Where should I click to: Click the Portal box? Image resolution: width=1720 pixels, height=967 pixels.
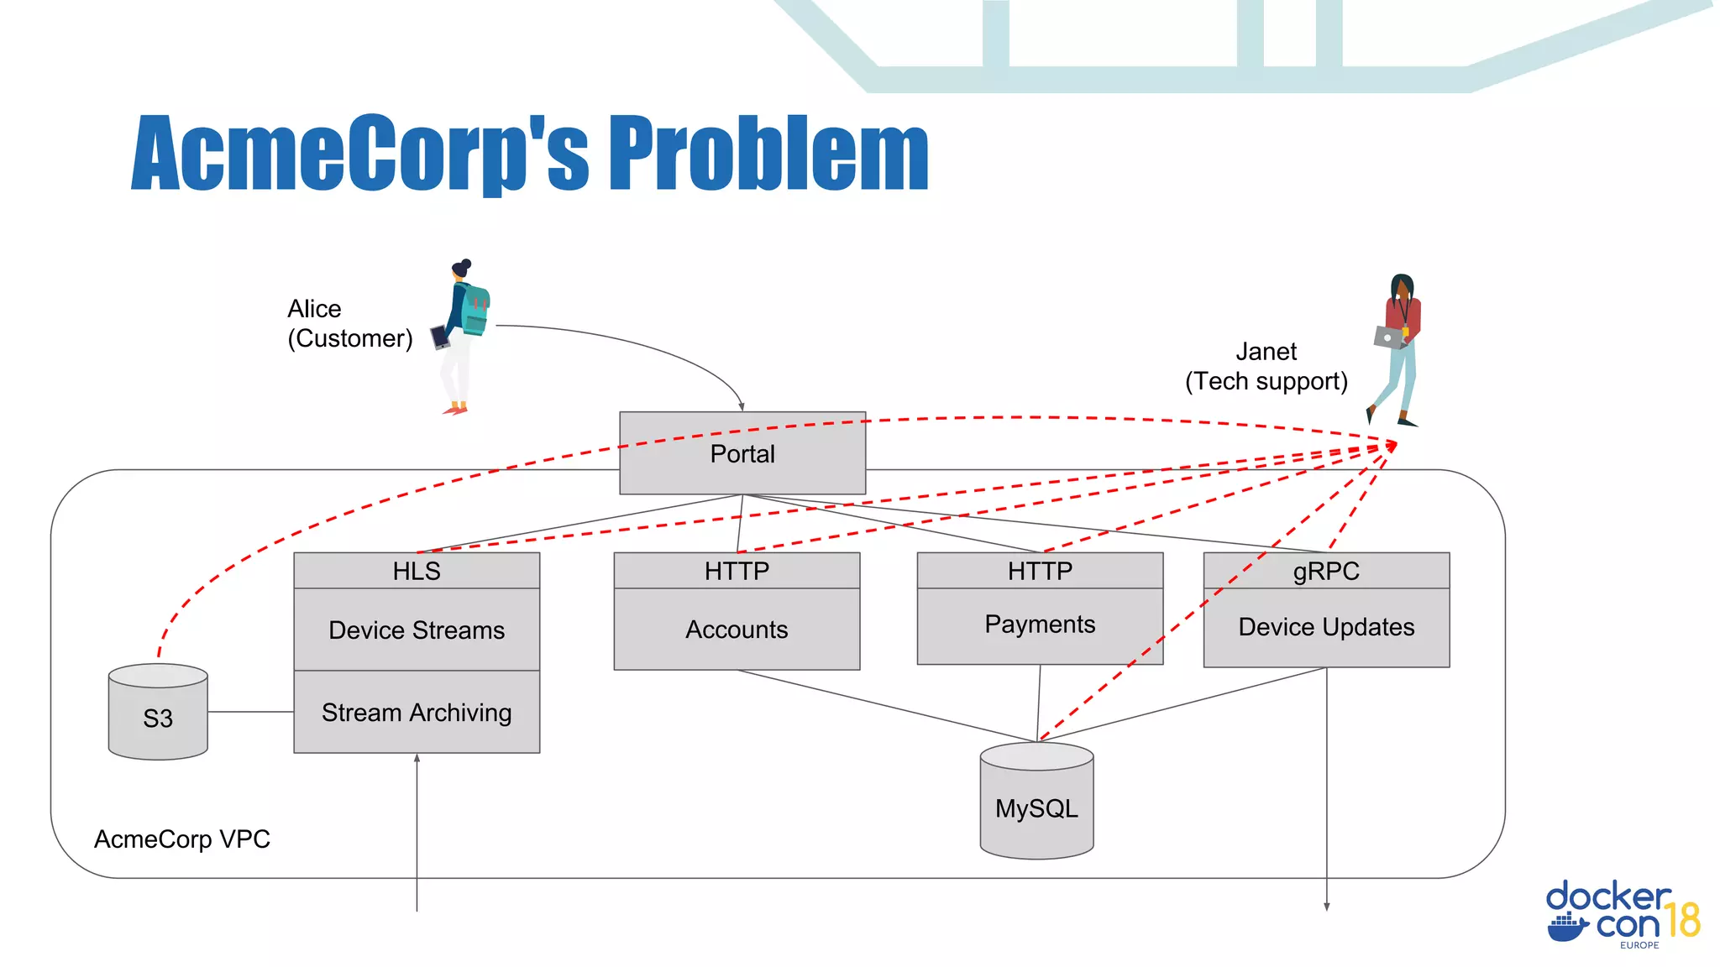point(742,453)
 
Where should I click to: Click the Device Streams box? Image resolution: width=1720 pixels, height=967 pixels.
point(417,630)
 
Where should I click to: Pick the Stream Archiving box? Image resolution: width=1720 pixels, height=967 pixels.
point(417,712)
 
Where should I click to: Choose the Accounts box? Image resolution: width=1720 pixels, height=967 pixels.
point(737,630)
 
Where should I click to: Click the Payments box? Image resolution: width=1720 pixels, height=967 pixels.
point(1040,625)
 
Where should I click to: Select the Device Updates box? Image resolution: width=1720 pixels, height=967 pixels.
point(1326,627)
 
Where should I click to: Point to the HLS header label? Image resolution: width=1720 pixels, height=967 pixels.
point(417,571)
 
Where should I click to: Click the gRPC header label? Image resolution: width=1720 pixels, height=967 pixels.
point(1326,571)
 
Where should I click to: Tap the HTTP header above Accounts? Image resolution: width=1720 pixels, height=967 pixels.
point(737,571)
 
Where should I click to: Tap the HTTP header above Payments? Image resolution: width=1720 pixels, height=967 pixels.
point(1040,571)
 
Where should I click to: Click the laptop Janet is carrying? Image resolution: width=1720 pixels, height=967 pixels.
point(1388,337)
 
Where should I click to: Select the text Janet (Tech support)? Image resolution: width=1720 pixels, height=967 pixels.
point(1266,367)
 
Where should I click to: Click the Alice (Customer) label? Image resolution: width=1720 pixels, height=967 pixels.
point(349,323)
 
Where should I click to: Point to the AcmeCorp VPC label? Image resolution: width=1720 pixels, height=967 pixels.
point(182,839)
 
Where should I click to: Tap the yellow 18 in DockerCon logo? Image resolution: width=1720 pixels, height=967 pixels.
point(1682,919)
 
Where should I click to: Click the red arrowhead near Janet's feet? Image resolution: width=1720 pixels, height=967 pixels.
point(1392,446)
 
